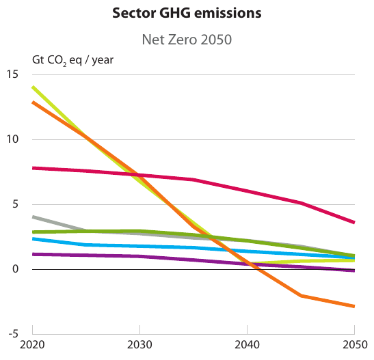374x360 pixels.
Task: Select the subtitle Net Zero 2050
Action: [x=187, y=40]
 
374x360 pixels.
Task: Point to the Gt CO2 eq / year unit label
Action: [x=73, y=59]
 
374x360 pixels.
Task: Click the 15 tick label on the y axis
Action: [x=12, y=74]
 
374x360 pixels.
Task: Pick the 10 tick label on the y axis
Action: [x=12, y=139]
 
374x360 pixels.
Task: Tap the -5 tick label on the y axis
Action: [x=12, y=334]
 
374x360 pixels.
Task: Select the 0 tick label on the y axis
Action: [x=15, y=269]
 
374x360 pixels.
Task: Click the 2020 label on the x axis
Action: [x=33, y=347]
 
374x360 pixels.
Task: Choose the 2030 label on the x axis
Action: [x=139, y=347]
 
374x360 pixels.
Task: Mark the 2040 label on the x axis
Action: [x=247, y=347]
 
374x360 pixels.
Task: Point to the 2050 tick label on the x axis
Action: [x=353, y=347]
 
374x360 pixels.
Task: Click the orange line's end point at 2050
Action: [x=353, y=306]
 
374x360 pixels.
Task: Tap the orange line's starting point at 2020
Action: [x=33, y=102]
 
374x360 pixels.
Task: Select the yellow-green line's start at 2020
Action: [x=33, y=87]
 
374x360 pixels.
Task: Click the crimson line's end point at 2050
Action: [x=353, y=222]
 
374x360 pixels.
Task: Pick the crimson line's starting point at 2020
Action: [x=33, y=167]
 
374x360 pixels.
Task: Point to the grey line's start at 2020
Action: [x=33, y=217]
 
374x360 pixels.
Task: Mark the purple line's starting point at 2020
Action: [x=33, y=254]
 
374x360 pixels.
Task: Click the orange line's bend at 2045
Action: [x=300, y=296]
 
